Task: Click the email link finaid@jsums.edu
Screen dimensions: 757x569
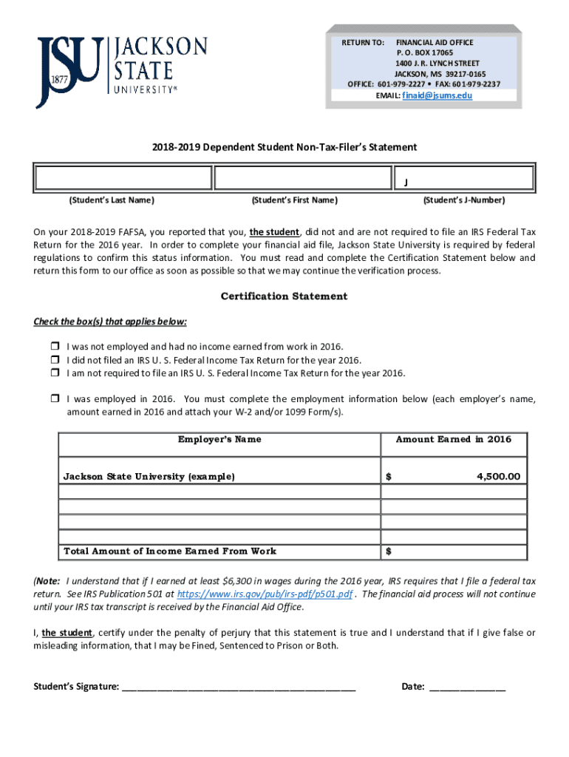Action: (x=437, y=95)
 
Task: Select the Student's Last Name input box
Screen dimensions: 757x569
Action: (x=123, y=178)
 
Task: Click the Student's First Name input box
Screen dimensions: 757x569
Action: (x=301, y=178)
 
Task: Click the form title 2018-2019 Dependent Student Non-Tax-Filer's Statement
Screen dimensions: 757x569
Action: (x=284, y=147)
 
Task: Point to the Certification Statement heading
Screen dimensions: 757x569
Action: (x=284, y=296)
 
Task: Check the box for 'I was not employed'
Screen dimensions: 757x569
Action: (x=55, y=347)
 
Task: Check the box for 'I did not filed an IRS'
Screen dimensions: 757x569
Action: (x=55, y=360)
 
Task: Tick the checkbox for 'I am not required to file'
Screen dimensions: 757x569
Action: (x=55, y=373)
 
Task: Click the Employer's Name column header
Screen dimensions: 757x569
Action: (x=219, y=439)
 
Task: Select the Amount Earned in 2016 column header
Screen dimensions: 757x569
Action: (x=454, y=439)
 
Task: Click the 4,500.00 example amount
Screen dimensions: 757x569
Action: (x=498, y=477)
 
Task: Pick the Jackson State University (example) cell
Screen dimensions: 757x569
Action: (x=149, y=477)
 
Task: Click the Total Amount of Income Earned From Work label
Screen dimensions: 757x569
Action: (x=170, y=551)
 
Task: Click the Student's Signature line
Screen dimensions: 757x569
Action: (x=239, y=687)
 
